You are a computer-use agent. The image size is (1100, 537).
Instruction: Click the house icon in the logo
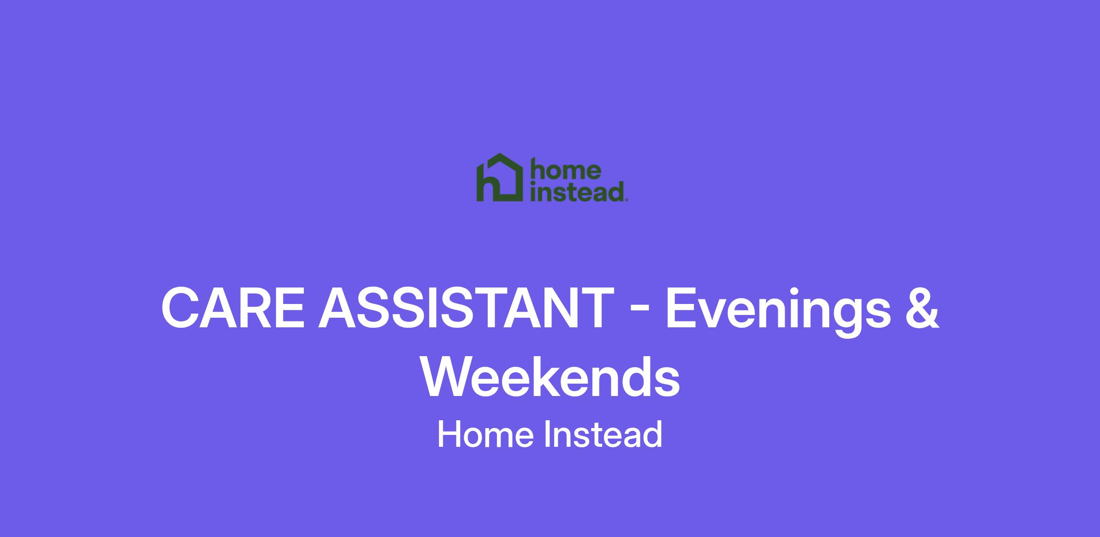(x=500, y=178)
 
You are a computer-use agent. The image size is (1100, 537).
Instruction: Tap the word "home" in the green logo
(x=565, y=169)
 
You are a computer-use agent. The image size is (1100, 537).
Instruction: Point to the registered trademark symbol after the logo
(x=627, y=200)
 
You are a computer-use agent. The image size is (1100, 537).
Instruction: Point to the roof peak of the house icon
(x=499, y=154)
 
